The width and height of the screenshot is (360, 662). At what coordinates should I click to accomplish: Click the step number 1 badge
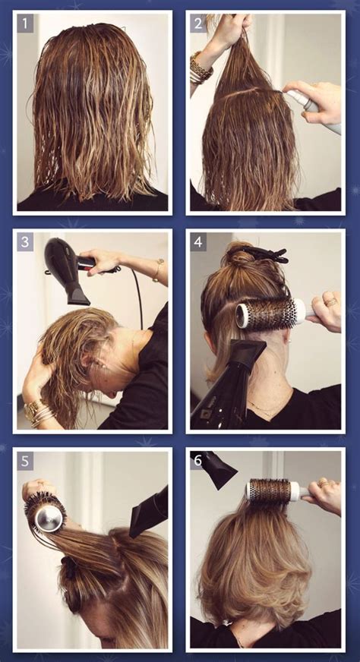pyautogui.click(x=25, y=24)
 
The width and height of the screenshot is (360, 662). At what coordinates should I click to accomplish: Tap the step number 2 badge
pyautogui.click(x=198, y=24)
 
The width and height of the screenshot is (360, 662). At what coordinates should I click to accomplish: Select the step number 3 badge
pyautogui.click(x=25, y=242)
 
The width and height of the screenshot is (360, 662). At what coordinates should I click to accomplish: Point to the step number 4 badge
pyautogui.click(x=198, y=242)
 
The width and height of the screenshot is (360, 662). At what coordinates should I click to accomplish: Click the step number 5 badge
pyautogui.click(x=25, y=461)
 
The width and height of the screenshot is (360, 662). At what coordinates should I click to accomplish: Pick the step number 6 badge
pyautogui.click(x=198, y=461)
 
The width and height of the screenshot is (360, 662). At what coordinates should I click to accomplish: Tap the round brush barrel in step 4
pyautogui.click(x=266, y=314)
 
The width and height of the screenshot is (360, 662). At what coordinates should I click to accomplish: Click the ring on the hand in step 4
pyautogui.click(x=330, y=301)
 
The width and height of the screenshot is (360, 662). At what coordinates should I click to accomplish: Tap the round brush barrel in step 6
pyautogui.click(x=269, y=490)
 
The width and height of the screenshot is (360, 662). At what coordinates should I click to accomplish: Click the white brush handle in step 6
pyautogui.click(x=301, y=491)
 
